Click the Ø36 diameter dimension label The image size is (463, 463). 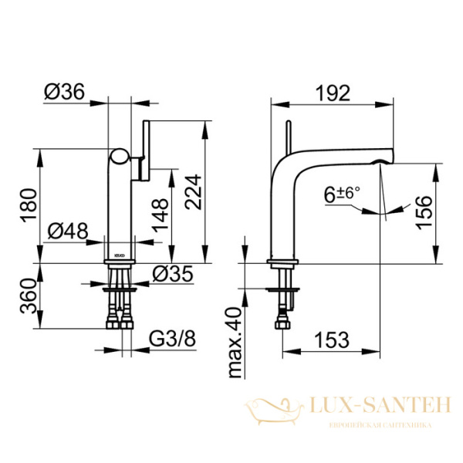(x=63, y=92)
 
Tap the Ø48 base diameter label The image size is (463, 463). (x=67, y=230)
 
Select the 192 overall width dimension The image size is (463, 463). (x=333, y=93)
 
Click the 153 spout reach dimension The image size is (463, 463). (x=333, y=338)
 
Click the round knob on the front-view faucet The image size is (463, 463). (x=118, y=158)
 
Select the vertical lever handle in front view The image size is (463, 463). (x=144, y=150)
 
